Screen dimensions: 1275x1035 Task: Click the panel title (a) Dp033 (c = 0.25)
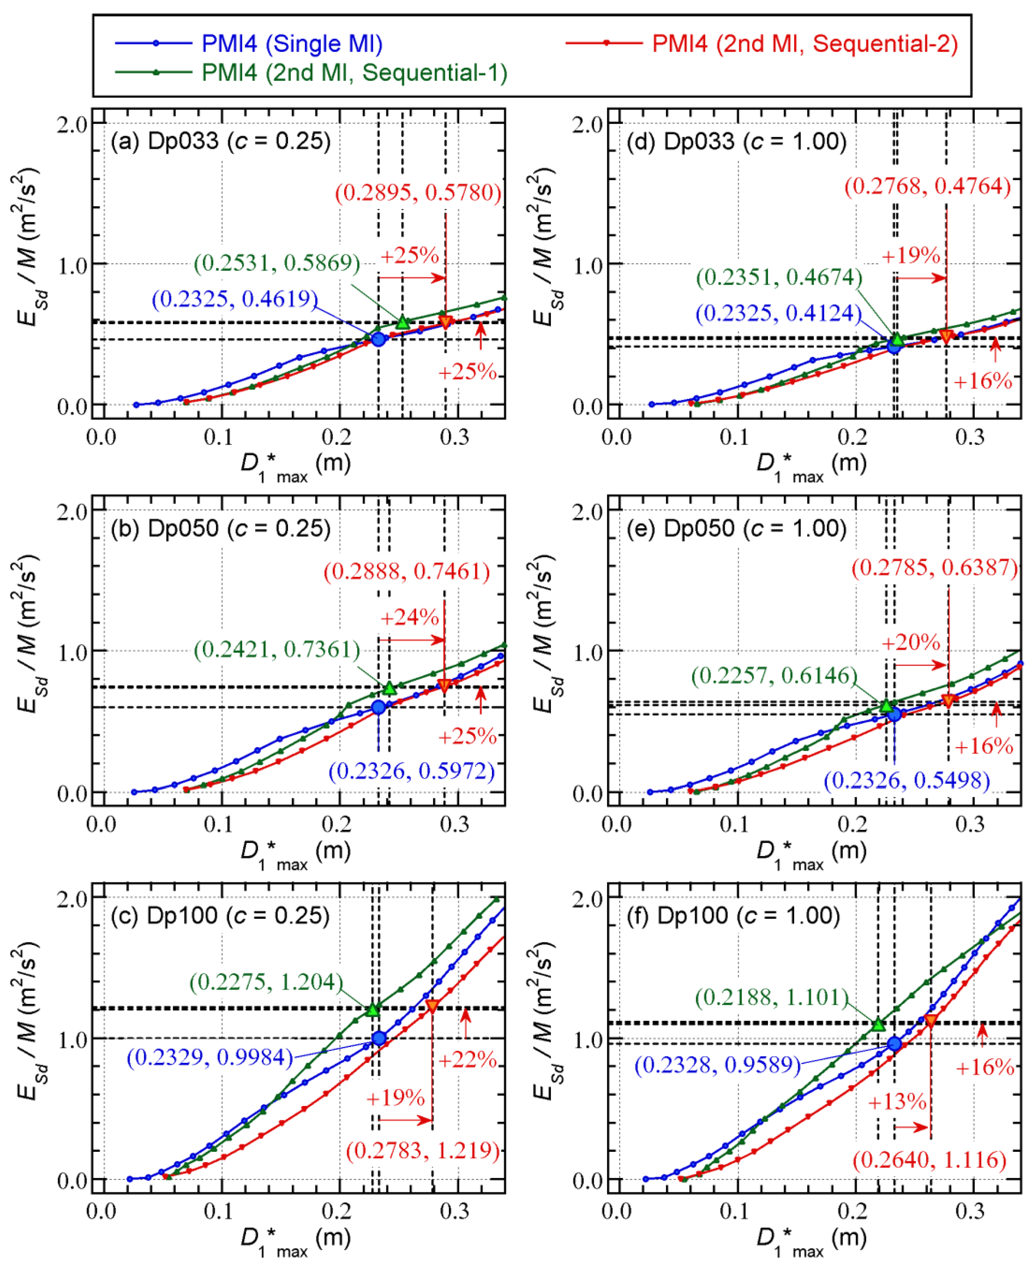click(x=221, y=141)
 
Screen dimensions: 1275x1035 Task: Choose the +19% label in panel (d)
click(x=910, y=255)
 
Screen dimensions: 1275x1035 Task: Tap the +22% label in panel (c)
click(x=467, y=1060)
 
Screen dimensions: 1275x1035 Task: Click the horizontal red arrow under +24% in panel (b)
click(x=412, y=640)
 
